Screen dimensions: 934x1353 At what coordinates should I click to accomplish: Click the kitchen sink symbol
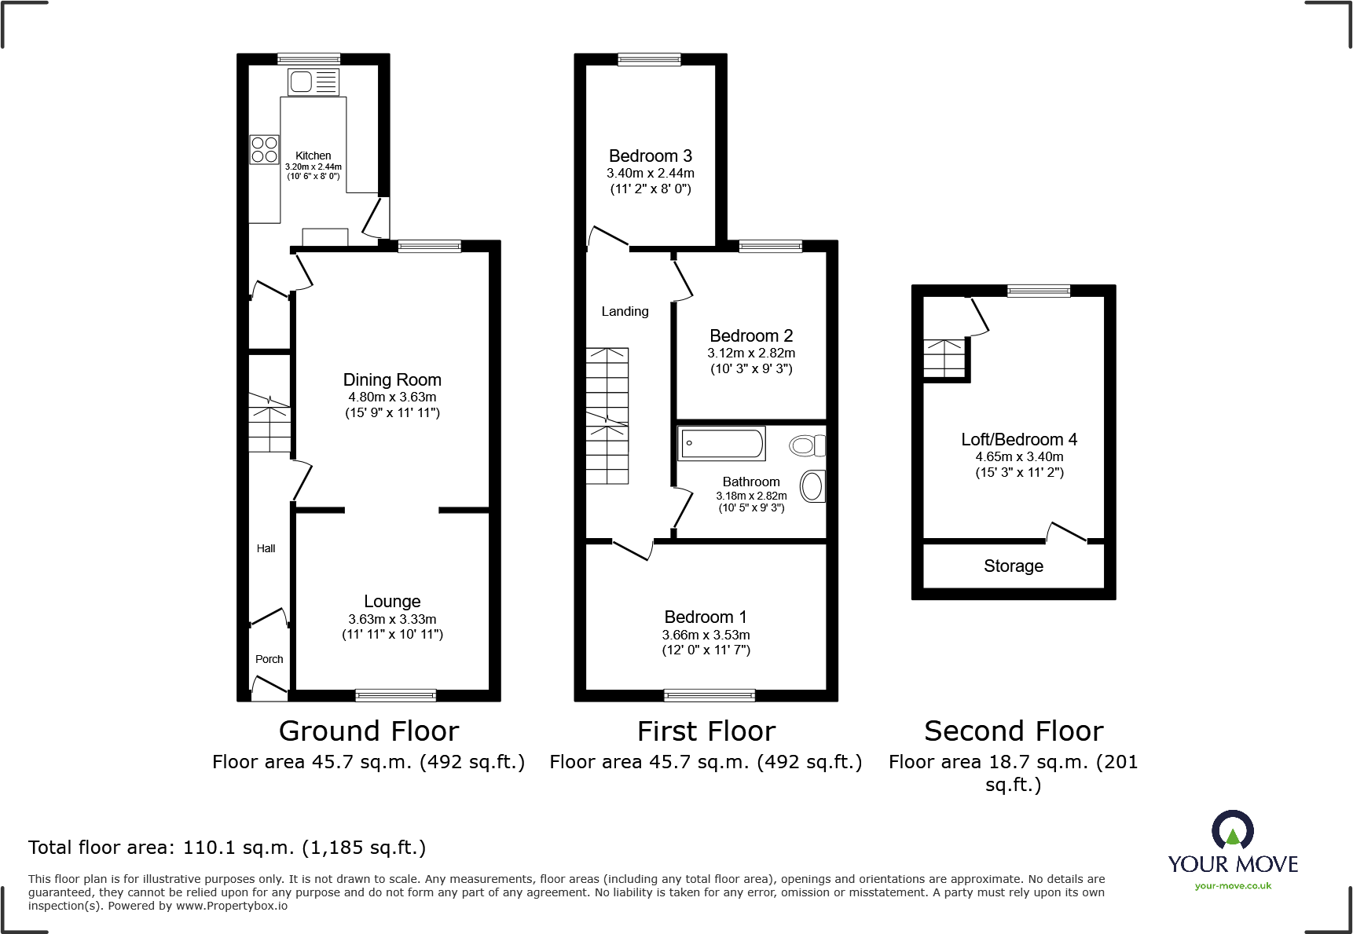[x=313, y=82]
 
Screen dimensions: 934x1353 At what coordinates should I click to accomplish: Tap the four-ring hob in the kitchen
[x=264, y=149]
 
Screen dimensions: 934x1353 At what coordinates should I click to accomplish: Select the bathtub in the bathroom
[x=720, y=444]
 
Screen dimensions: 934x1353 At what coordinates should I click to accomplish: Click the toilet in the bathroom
[x=807, y=446]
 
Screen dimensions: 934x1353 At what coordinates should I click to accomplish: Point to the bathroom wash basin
[x=812, y=486]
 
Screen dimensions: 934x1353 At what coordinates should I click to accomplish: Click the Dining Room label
[x=392, y=380]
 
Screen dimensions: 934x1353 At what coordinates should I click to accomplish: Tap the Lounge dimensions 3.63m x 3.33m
[x=392, y=619]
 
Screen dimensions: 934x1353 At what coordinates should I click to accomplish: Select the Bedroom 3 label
[x=650, y=156]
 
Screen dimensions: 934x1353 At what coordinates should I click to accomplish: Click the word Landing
[x=625, y=311]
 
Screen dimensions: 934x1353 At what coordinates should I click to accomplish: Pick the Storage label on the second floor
[x=1013, y=566]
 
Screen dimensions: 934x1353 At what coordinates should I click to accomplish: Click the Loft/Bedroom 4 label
[x=1018, y=439]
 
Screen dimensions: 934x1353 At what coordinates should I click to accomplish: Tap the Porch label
[x=269, y=659]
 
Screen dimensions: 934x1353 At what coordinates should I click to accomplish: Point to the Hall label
[x=266, y=548]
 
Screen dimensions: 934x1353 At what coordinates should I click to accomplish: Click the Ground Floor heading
[x=368, y=731]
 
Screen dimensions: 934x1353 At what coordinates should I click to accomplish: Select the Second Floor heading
[x=1013, y=731]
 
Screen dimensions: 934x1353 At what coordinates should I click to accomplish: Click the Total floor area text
[x=227, y=848]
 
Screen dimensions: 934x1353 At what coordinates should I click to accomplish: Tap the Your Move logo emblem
[x=1232, y=830]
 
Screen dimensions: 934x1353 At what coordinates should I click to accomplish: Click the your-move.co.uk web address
[x=1232, y=886]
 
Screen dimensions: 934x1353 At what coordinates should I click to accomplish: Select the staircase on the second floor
[x=943, y=358]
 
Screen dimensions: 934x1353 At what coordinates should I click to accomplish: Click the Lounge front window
[x=395, y=694]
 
